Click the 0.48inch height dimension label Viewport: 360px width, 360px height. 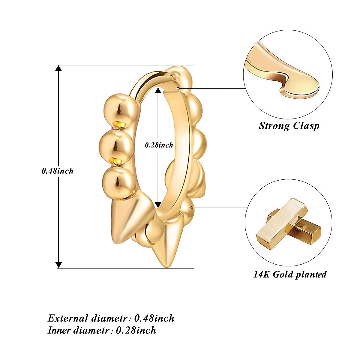[x=58, y=171]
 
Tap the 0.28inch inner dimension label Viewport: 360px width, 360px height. [x=159, y=145]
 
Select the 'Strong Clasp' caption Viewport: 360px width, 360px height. [x=289, y=125]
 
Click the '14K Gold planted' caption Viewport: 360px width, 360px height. [x=290, y=274]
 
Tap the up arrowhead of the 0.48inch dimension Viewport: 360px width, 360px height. [x=59, y=68]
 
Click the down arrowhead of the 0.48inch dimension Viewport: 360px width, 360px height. [x=59, y=265]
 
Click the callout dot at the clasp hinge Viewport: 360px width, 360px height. [x=178, y=88]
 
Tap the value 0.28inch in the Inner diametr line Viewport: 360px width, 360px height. [x=136, y=330]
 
